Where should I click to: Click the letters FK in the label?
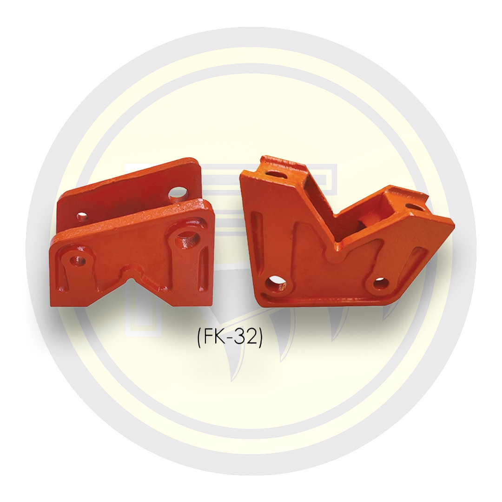tap(213, 338)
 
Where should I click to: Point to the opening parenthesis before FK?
tap(199, 339)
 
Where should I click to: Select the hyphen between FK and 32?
tap(229, 339)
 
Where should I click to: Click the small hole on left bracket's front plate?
tap(79, 260)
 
